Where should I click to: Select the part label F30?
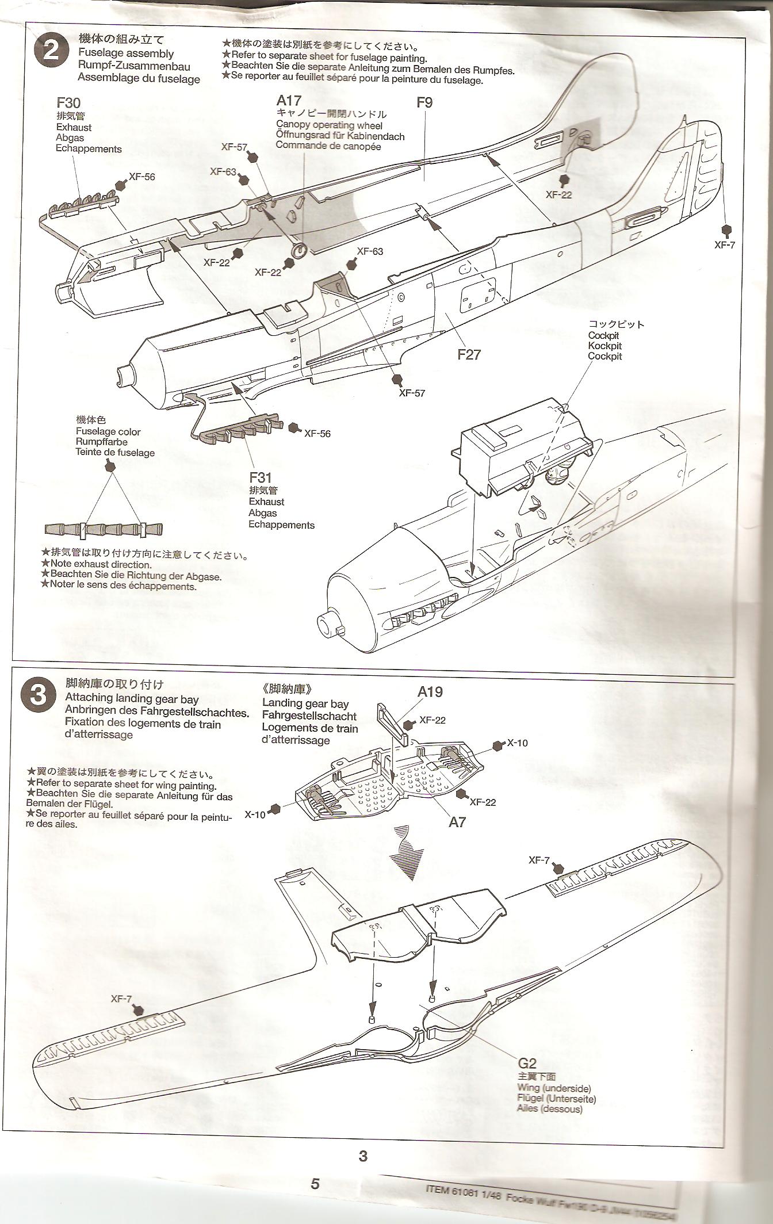[68, 103]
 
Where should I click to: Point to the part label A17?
[289, 101]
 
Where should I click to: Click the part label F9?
[424, 102]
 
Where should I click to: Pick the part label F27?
[469, 354]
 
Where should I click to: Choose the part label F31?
[260, 477]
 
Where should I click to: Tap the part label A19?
[430, 691]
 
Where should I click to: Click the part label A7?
[457, 823]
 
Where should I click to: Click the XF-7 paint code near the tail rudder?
[725, 244]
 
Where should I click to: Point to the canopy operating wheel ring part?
[299, 249]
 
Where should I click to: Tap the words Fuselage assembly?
[126, 53]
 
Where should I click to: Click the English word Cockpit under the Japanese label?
[603, 335]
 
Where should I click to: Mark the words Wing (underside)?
[553, 1088]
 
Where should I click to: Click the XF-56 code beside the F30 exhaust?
[141, 177]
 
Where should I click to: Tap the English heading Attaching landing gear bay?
[132, 699]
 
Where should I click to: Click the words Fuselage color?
[108, 431]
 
